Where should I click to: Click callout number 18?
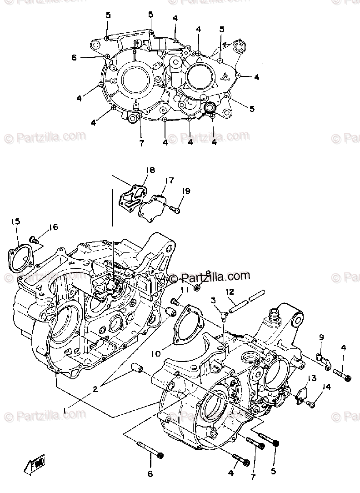click(150, 170)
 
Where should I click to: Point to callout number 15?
click(16, 221)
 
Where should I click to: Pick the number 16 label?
click(54, 227)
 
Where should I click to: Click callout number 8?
click(208, 273)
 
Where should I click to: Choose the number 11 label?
click(184, 290)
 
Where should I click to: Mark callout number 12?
click(230, 291)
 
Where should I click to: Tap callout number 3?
click(212, 300)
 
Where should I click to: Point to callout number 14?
click(326, 387)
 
